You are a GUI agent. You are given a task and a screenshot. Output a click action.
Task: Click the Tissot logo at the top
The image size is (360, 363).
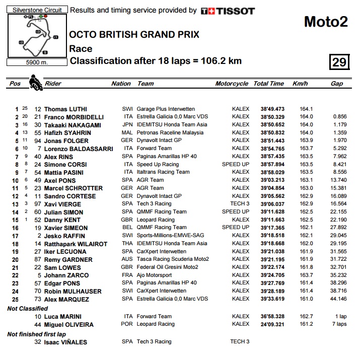[x=228, y=11]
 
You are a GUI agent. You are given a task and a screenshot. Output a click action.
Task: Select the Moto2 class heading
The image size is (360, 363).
[x=326, y=22]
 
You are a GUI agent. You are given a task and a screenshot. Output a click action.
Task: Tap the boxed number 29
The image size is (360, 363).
[x=339, y=62]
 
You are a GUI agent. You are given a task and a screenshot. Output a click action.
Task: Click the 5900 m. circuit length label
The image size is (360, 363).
[x=37, y=62]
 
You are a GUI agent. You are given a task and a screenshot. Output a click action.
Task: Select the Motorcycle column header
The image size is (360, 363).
[x=232, y=84]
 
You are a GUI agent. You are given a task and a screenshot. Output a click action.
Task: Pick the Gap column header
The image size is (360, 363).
[x=337, y=84]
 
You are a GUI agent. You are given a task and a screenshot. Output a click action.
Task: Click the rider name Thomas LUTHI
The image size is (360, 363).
[x=65, y=109]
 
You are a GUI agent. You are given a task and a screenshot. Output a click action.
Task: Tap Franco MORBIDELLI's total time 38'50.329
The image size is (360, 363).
[x=272, y=117]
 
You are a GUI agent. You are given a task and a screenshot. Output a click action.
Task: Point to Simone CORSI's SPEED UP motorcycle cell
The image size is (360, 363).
[x=235, y=164]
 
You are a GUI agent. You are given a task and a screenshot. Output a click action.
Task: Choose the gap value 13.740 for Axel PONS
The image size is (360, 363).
[x=337, y=180]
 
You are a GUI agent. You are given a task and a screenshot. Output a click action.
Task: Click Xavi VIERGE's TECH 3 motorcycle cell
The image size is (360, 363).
[x=240, y=203]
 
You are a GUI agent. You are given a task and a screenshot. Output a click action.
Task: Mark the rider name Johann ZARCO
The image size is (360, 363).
[x=66, y=275]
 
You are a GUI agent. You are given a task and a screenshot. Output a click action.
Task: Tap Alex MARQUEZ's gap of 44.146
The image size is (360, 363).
[x=337, y=299]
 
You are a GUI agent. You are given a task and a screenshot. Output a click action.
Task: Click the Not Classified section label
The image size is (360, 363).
[x=28, y=308]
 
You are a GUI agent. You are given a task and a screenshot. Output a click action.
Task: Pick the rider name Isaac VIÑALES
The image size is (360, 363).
[x=65, y=342]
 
